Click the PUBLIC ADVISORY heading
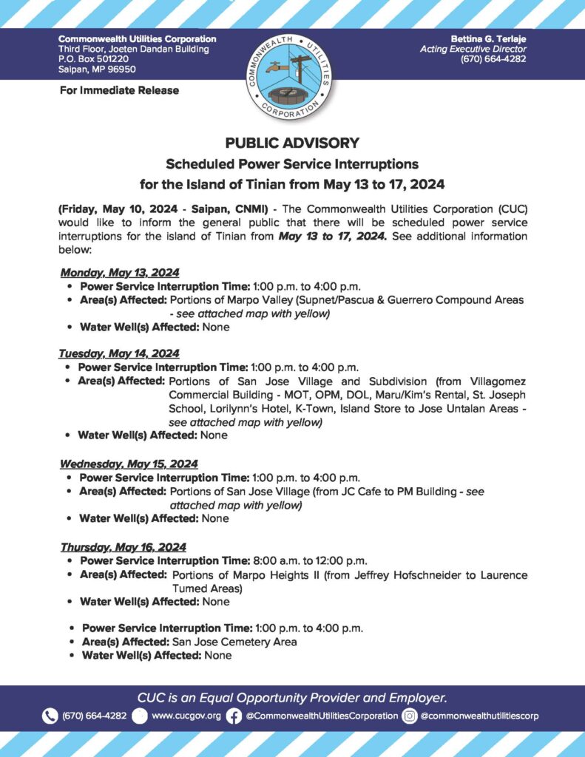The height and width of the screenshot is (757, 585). (x=292, y=143)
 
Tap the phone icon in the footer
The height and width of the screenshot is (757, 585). (x=50, y=716)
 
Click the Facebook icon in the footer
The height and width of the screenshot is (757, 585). (x=234, y=716)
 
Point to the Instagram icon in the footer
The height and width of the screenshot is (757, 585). (x=410, y=716)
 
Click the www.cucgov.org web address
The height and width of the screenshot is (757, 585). (x=186, y=716)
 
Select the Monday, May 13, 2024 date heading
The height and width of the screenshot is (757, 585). (x=120, y=272)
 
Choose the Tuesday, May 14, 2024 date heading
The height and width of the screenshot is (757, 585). (x=119, y=353)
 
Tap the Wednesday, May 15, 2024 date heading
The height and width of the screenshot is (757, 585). (x=129, y=464)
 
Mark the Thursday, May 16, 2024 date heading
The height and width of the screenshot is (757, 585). (x=124, y=547)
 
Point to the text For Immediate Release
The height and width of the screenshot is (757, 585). (x=118, y=90)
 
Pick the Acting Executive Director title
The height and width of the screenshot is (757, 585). (x=473, y=49)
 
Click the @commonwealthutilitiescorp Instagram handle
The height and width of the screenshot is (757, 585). (x=479, y=716)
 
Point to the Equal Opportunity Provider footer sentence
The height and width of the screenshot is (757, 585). (x=292, y=697)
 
